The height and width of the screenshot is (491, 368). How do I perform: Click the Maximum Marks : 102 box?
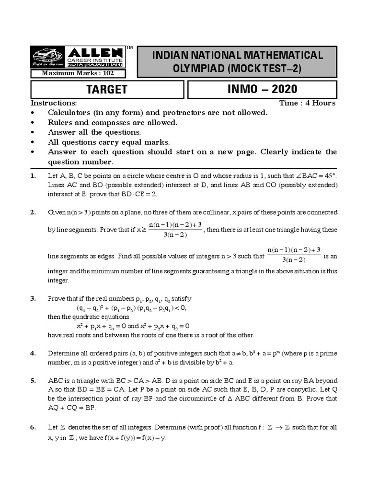tap(78, 73)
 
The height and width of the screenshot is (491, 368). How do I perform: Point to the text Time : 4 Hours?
tap(308, 103)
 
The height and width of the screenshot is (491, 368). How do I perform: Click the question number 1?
tap(33, 176)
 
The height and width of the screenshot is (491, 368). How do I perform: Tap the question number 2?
tap(33, 212)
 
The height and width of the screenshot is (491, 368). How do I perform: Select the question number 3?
tap(33, 299)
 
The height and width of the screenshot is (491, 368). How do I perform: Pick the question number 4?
tap(33, 353)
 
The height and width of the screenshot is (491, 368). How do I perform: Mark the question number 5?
tap(33, 381)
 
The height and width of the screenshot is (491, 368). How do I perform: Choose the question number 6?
tap(33, 427)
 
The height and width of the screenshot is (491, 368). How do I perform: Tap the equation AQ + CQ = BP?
tap(72, 408)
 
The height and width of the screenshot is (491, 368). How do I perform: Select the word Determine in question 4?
tap(64, 353)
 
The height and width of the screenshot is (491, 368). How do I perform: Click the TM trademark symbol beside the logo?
tap(129, 47)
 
